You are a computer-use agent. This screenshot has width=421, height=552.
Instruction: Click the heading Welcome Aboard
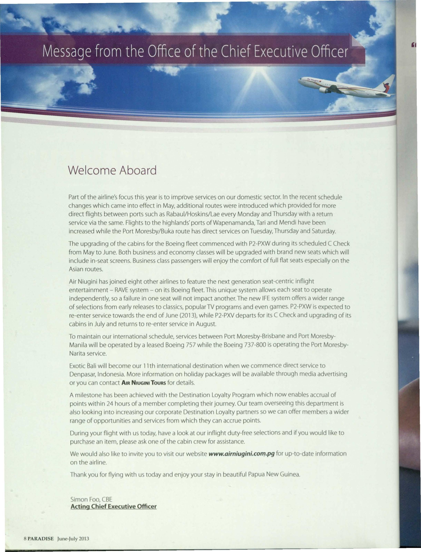click(112, 171)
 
